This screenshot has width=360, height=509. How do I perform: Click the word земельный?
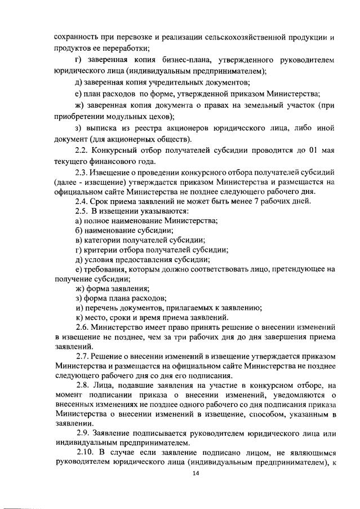[255, 105]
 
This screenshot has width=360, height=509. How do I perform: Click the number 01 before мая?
[318, 151]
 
